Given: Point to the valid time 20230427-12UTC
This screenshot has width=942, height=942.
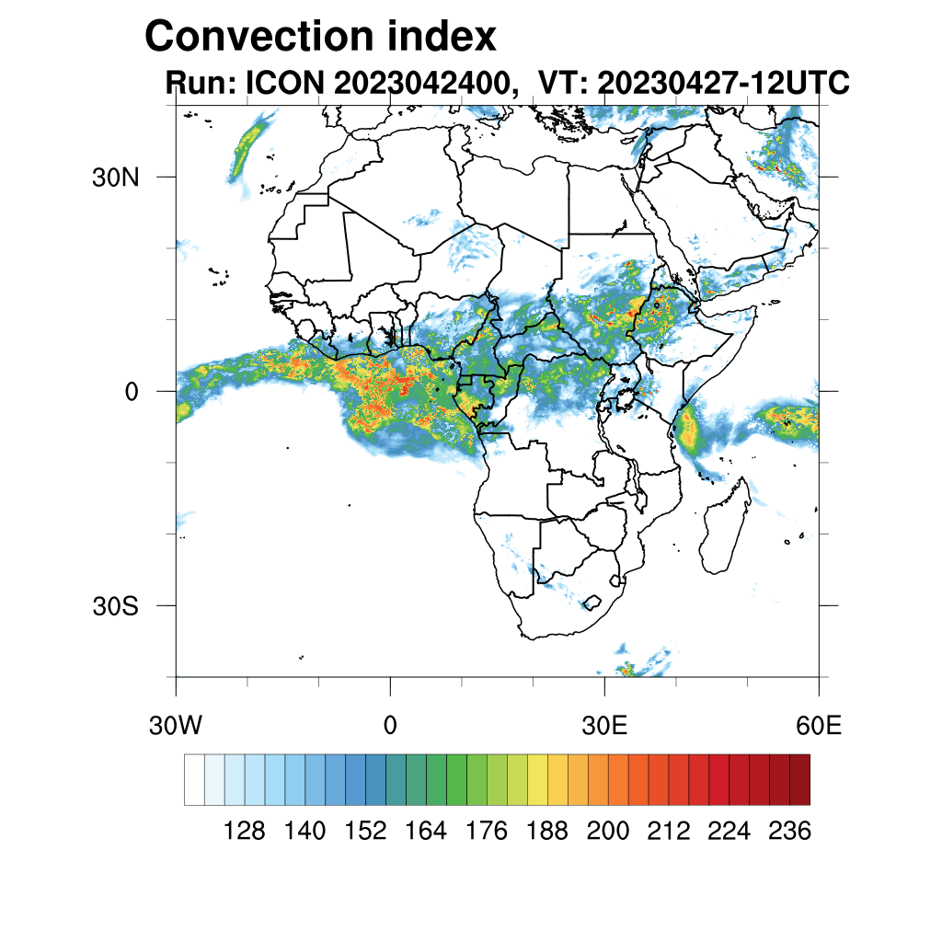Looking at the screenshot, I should (723, 84).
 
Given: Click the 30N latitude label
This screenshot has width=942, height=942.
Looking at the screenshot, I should (115, 177).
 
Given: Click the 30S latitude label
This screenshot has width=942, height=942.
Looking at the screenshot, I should (115, 606).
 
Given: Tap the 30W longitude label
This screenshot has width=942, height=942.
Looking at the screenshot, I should (176, 726).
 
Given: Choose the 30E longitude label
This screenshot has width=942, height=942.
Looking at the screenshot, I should (604, 726).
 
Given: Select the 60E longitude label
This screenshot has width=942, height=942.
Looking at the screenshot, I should (818, 726).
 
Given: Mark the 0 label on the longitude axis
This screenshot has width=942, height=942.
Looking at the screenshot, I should (390, 726).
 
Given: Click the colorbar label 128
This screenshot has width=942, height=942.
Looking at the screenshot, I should (245, 832).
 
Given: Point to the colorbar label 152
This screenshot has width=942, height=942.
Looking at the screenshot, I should (365, 832).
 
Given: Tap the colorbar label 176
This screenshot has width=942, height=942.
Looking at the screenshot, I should (487, 832).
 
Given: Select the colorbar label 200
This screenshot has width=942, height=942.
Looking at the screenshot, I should (608, 832).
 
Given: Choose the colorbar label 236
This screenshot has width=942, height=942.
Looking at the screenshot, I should (789, 832).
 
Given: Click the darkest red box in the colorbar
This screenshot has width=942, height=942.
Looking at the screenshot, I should (799, 779).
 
